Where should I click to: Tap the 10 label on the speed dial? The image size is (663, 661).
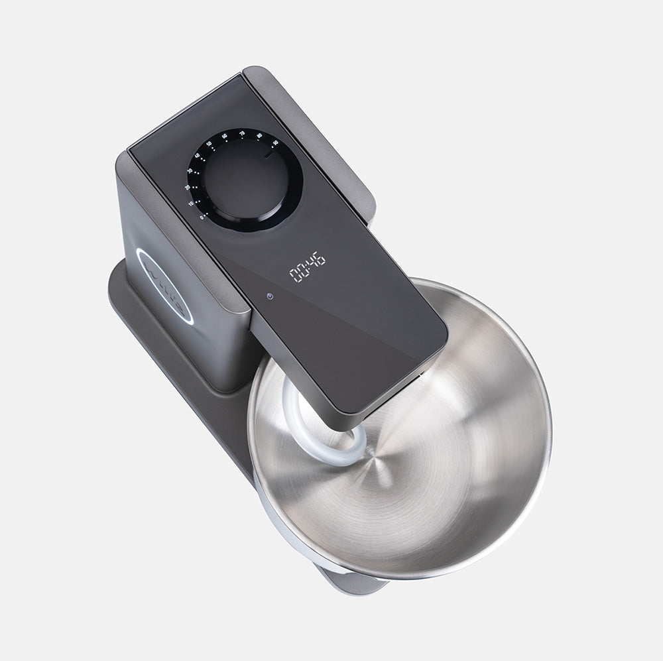coord(192,204)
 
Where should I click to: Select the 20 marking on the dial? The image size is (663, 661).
coord(187,188)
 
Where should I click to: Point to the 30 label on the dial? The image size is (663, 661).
coord(190,171)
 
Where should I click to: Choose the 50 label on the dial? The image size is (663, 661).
coord(209,143)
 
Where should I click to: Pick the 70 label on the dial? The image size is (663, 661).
coord(242,133)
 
